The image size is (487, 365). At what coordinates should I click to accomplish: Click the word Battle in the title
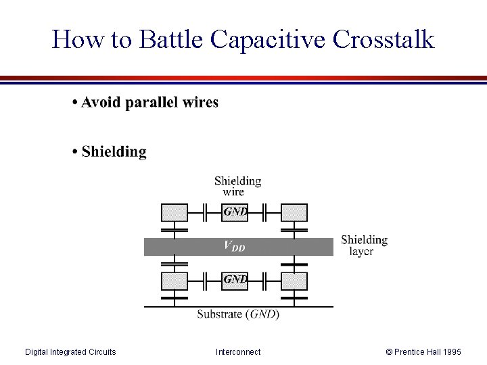[171, 39]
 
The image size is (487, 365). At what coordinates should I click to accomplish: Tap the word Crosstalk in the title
[384, 39]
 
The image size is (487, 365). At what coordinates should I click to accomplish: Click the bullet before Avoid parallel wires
[74, 103]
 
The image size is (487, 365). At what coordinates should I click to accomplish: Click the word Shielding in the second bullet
[114, 151]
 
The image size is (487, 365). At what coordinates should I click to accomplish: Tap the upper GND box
[235, 212]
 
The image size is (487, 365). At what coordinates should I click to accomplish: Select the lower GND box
[235, 280]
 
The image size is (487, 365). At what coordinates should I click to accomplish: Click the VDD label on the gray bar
[235, 247]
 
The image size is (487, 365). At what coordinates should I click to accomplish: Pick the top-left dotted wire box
[175, 212]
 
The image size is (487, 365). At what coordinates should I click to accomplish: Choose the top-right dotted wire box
[294, 212]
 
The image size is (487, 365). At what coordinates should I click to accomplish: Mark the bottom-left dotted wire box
[175, 281]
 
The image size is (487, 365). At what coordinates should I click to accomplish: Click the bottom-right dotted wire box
[294, 281]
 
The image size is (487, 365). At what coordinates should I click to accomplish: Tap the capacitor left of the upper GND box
[205, 212]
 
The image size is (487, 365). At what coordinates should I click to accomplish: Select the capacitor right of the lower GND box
[265, 280]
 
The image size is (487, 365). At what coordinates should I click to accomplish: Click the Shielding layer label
[364, 245]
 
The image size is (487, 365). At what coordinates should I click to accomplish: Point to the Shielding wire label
[237, 186]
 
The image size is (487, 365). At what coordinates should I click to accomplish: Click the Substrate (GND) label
[238, 314]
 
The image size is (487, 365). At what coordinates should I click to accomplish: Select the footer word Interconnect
[238, 352]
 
